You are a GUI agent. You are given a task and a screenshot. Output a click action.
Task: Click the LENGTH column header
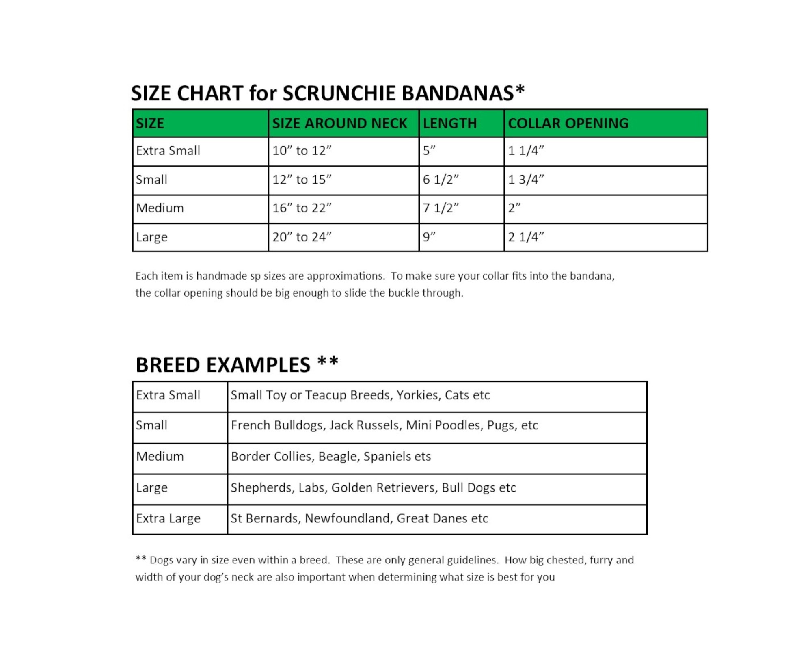coord(449,123)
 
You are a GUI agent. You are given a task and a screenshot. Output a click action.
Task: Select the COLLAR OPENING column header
coord(568,123)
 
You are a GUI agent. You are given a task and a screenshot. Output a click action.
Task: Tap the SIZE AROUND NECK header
coord(339,123)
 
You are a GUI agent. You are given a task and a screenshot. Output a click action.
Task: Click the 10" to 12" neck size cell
coord(302,151)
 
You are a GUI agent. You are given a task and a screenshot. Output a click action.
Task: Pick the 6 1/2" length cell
coord(441,180)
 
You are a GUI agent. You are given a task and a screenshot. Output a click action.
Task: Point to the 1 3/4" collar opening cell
coord(526,180)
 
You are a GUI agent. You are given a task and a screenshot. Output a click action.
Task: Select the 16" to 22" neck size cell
coord(302,208)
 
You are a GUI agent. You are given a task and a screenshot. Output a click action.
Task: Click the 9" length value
coord(429,237)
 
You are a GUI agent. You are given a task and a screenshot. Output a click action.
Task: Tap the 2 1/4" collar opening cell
coord(526,237)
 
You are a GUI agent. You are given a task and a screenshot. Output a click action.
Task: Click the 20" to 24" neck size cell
coord(302,237)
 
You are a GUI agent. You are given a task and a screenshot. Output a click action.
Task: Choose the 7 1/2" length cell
coord(441,208)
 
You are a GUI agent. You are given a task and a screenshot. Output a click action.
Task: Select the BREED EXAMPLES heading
coord(237,364)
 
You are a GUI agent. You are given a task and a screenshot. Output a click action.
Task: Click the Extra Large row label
coord(168,518)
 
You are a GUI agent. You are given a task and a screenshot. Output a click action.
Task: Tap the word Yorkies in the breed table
coord(419,395)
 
